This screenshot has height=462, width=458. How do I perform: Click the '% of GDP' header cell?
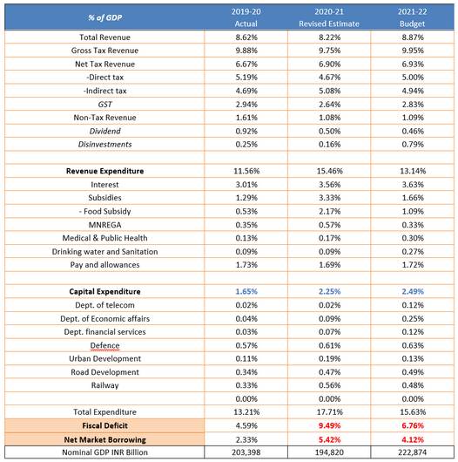coord(104,17)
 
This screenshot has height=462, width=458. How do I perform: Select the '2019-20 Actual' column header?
coord(246,17)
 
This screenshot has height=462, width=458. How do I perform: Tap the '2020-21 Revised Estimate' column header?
coord(329,17)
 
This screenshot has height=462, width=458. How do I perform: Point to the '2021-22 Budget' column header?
coord(413,17)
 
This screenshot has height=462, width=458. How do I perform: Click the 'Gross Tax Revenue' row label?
coord(104,51)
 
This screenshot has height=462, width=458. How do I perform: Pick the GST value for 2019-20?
coord(246,105)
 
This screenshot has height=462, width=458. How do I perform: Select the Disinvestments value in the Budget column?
coord(413,145)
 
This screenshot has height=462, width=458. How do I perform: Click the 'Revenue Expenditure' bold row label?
coord(104,171)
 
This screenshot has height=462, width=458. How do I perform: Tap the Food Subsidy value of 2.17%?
coord(329,211)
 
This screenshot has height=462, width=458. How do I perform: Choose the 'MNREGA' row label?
coord(104,225)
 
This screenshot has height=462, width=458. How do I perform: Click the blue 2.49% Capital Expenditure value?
coord(413,291)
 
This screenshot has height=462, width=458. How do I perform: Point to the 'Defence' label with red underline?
coord(104,345)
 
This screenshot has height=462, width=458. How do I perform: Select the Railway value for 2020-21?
coord(329,385)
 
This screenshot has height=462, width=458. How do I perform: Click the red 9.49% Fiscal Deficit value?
coord(329,425)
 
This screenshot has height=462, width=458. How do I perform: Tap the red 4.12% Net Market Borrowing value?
coord(413,440)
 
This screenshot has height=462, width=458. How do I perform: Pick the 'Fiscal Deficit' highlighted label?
coord(104,425)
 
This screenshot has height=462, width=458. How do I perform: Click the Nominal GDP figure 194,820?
coord(329,452)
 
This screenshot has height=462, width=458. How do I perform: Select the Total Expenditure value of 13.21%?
coord(246,412)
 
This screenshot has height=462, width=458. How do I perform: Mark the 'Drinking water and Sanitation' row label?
coord(104,252)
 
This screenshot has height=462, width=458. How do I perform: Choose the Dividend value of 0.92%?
coord(246,131)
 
